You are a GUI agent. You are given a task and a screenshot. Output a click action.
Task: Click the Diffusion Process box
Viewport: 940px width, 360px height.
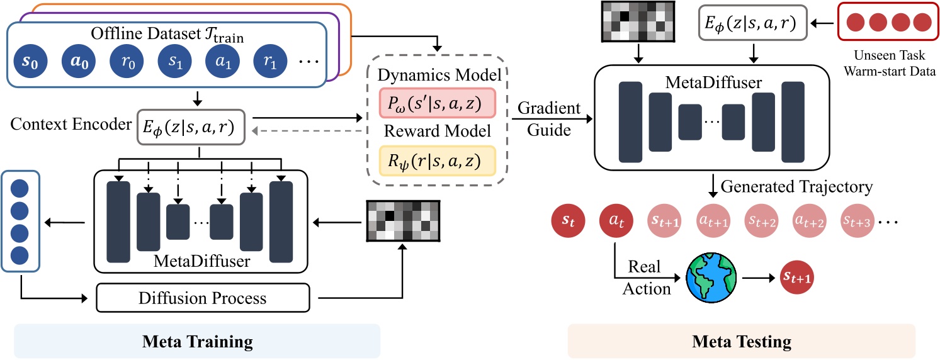203,298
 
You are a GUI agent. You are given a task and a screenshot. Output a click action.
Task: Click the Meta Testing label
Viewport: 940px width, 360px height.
741,342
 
